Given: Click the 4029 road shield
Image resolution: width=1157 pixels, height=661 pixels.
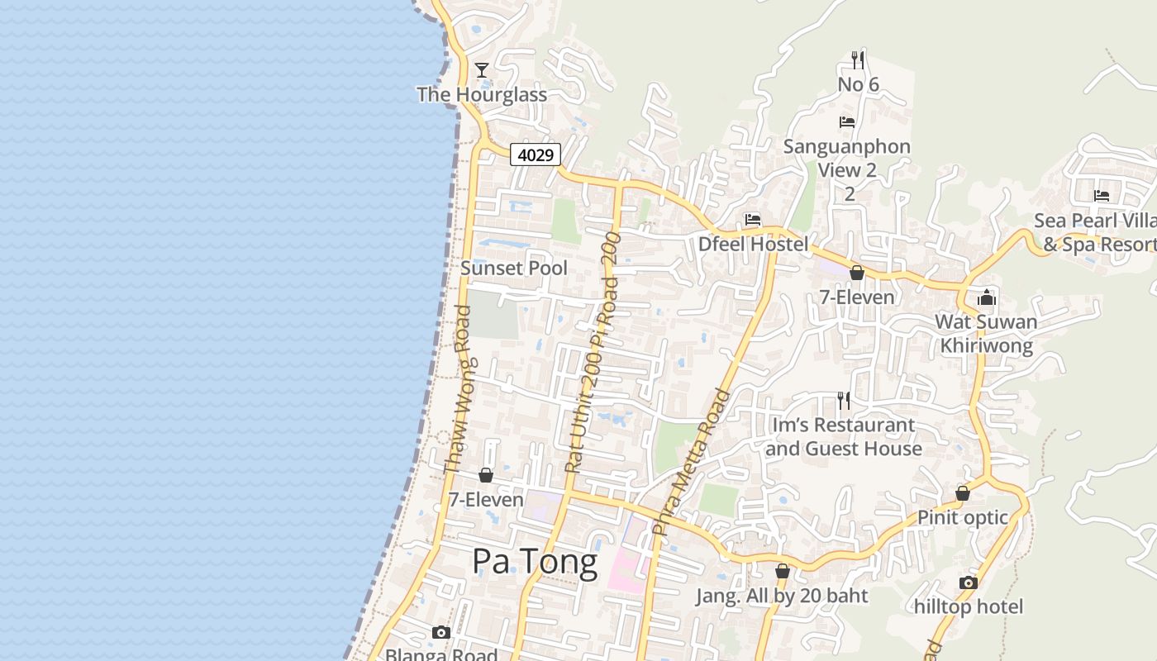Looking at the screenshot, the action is (536, 155).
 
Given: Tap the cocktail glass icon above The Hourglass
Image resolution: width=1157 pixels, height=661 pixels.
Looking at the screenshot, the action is (482, 70).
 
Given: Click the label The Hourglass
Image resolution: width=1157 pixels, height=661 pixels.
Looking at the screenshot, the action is (482, 94).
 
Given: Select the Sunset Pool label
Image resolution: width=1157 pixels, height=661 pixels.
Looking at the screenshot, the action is (514, 268).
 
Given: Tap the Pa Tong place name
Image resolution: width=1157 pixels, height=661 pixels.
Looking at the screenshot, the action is (535, 562).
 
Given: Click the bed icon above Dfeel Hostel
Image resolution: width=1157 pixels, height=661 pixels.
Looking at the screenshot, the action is (753, 220).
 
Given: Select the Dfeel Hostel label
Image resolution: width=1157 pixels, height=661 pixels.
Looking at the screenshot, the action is (753, 244).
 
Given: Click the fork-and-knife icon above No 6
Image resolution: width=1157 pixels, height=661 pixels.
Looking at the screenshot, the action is (858, 59).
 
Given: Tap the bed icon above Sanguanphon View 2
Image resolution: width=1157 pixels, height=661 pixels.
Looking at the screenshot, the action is (847, 122).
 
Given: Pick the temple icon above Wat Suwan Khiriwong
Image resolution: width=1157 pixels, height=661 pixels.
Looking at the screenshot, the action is (986, 297).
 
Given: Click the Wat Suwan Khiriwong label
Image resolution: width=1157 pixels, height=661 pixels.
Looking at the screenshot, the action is (986, 333).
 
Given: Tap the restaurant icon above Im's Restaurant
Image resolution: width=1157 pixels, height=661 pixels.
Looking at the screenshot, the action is (844, 401).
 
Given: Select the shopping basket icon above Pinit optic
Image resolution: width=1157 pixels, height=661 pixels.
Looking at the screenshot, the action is (963, 493).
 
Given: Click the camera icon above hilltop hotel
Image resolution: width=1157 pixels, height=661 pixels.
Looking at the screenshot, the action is (969, 583).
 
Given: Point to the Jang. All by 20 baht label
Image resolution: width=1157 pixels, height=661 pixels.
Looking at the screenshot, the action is (782, 596).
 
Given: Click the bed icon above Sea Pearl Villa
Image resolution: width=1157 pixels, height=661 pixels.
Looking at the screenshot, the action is (1102, 196).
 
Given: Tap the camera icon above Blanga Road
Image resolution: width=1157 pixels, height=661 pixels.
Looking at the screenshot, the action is (441, 632).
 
